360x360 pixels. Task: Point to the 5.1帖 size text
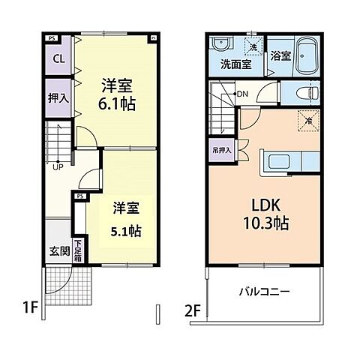click(125, 227)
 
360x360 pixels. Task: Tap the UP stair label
click(57, 166)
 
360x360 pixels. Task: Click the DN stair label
click(241, 94)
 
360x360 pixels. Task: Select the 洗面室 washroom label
click(235, 64)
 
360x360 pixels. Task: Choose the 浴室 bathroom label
click(280, 55)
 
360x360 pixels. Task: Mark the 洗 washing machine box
click(253, 48)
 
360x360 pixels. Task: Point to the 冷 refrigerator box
click(308, 119)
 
